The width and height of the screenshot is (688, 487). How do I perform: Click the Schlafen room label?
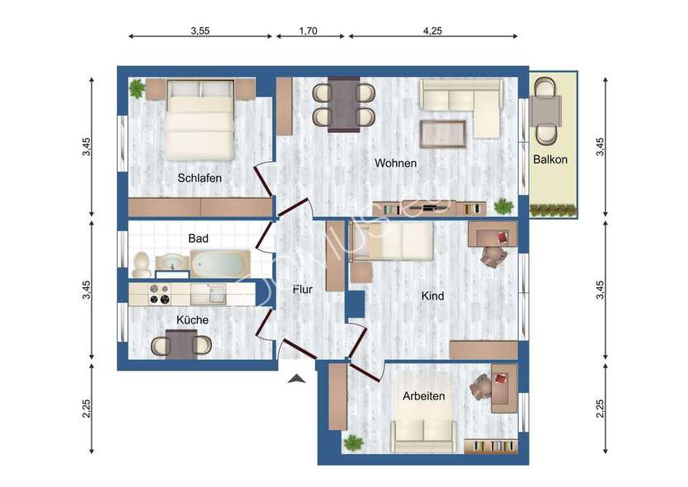[200, 177]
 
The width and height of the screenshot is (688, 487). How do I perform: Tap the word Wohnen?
[395, 163]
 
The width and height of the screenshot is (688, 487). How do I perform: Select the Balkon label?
[550, 159]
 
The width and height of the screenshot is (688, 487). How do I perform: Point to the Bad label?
[198, 238]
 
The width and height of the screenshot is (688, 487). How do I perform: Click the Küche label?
[192, 319]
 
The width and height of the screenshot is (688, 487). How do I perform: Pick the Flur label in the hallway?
[302, 289]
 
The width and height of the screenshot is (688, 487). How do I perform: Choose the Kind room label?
[432, 295]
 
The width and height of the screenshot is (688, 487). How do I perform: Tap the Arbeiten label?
[423, 396]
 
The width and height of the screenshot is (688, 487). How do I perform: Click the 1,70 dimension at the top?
[308, 31]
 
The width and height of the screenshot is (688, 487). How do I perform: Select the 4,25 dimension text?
[433, 31]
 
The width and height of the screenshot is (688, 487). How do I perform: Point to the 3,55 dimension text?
[200, 31]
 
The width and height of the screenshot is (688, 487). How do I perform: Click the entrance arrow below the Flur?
[298, 378]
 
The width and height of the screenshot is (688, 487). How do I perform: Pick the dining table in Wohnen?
[343, 105]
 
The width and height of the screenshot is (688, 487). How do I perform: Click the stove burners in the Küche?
[158, 294]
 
